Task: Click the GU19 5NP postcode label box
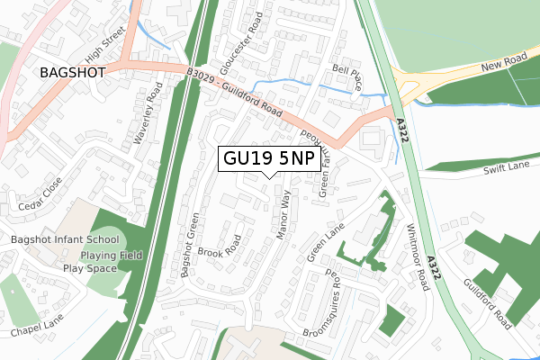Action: pyautogui.click(x=267, y=159)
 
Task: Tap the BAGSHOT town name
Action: pyautogui.click(x=72, y=71)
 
